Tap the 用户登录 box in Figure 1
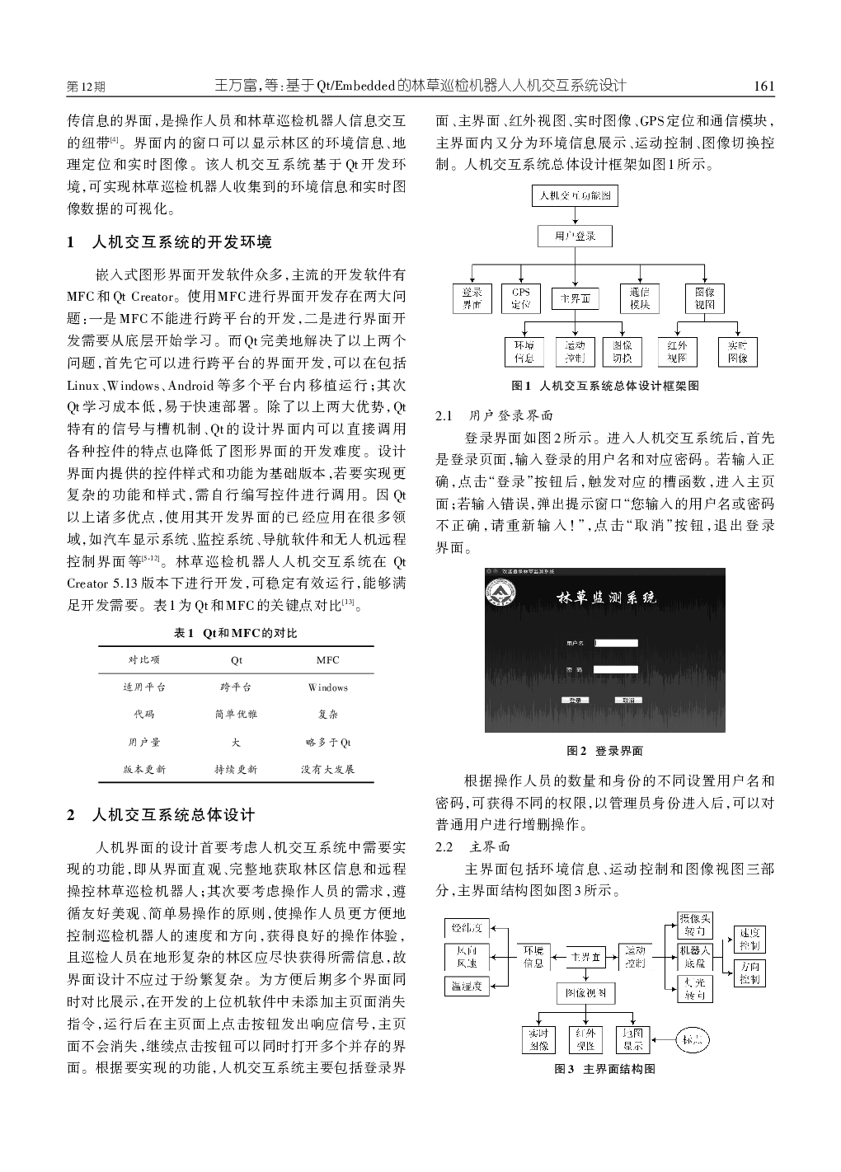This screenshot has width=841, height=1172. coord(576,236)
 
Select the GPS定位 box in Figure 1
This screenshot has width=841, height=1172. coord(520,298)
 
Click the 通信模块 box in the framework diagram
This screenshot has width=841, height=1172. coord(640,298)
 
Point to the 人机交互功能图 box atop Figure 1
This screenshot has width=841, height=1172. coord(576,195)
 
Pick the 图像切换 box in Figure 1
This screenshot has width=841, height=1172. coord(623,352)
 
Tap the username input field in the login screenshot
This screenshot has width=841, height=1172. coord(616,643)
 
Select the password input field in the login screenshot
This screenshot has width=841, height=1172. coord(616,670)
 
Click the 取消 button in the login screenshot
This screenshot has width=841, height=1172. coord(628,700)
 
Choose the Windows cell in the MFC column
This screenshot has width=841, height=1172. coord(328,687)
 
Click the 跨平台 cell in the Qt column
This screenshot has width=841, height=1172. coord(237,687)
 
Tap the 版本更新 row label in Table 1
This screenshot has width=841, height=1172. coord(144,769)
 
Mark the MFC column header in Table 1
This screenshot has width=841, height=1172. coord(328,660)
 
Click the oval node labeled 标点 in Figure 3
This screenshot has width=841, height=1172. coord(693,1041)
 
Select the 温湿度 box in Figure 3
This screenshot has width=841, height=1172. coord(467,985)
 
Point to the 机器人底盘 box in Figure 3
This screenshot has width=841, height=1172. coord(694,957)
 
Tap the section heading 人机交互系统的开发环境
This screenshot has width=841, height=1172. coord(181,241)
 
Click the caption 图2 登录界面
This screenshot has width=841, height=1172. coord(604,751)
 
